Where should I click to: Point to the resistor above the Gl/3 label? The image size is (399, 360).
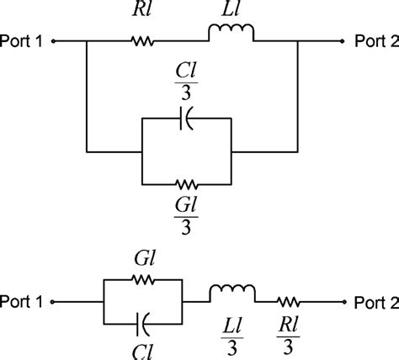(188, 183)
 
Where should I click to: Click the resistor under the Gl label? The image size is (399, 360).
(142, 282)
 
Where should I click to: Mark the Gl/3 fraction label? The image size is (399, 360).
(188, 214)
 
